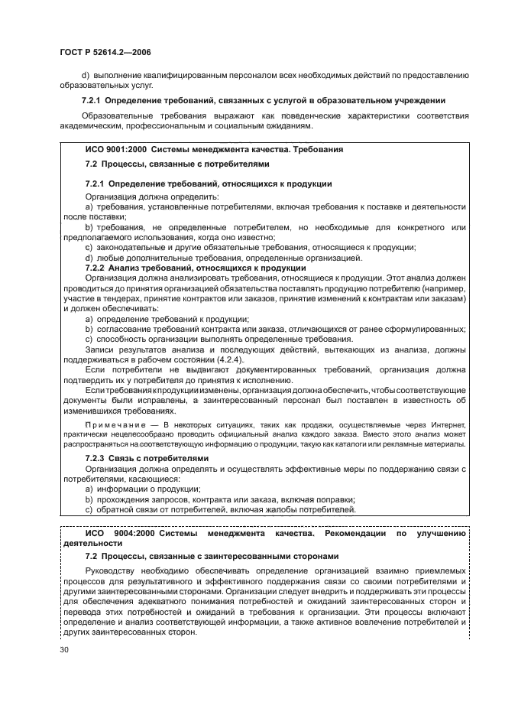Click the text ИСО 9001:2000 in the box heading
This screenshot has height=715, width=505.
(116, 150)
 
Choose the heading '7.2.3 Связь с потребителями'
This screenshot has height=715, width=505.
(146, 458)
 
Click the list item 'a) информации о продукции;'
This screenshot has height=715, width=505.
(142, 489)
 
